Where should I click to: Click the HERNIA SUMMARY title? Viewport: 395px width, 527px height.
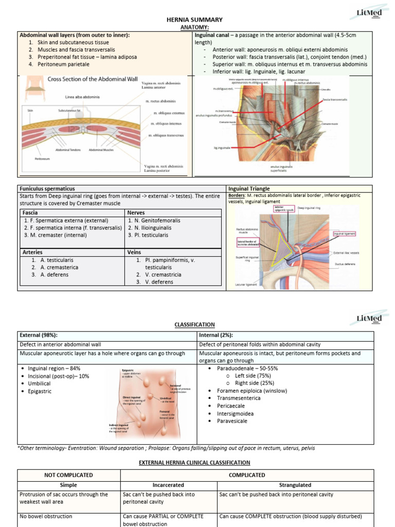coord(187,20)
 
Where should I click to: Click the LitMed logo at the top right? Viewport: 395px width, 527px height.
coord(369,12)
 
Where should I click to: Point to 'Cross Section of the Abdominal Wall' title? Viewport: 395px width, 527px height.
coord(93,79)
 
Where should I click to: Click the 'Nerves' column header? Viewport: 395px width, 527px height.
coord(137,213)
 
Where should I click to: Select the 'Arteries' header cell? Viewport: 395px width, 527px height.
coord(33,252)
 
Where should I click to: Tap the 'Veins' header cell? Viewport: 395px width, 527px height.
coord(135,252)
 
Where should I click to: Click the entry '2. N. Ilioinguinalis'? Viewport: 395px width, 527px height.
coord(150,227)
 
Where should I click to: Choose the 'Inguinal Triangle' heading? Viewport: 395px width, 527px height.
coord(250,189)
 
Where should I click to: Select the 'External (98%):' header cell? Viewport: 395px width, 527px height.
coord(39,335)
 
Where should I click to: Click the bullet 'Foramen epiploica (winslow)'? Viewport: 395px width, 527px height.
coord(252,390)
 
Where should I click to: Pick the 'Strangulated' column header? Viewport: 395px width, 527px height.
coord(295,485)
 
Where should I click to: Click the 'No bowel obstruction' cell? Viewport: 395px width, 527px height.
coord(46,516)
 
